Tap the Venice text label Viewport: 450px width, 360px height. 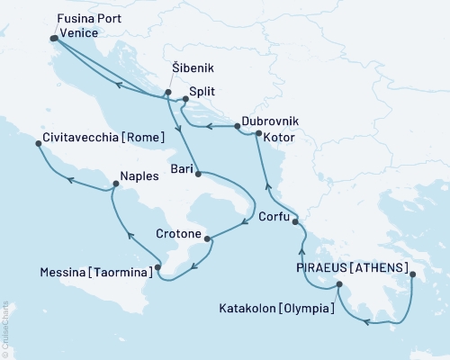[x=78, y=33]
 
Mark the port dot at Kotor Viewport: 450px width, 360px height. [x=258, y=134]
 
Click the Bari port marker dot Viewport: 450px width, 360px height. [x=197, y=173]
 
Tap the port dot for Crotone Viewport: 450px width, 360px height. [x=209, y=238]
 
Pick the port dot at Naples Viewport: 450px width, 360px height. [x=114, y=185]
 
